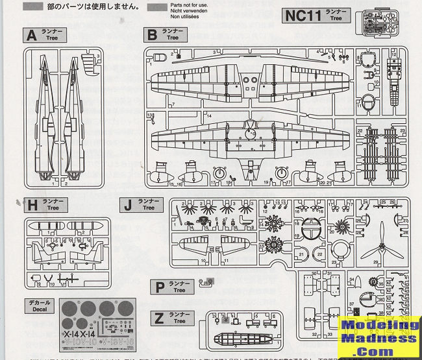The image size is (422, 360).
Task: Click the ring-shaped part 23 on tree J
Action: tap(343, 254)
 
